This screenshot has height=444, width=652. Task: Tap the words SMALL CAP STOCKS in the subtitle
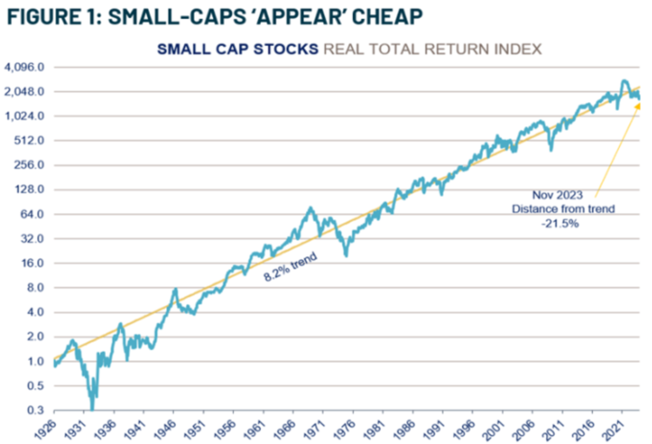pyautogui.click(x=237, y=49)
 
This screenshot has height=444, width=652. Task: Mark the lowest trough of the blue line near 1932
pyautogui.click(x=91, y=407)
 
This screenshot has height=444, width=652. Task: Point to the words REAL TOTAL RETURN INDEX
pyautogui.click(x=432, y=49)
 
